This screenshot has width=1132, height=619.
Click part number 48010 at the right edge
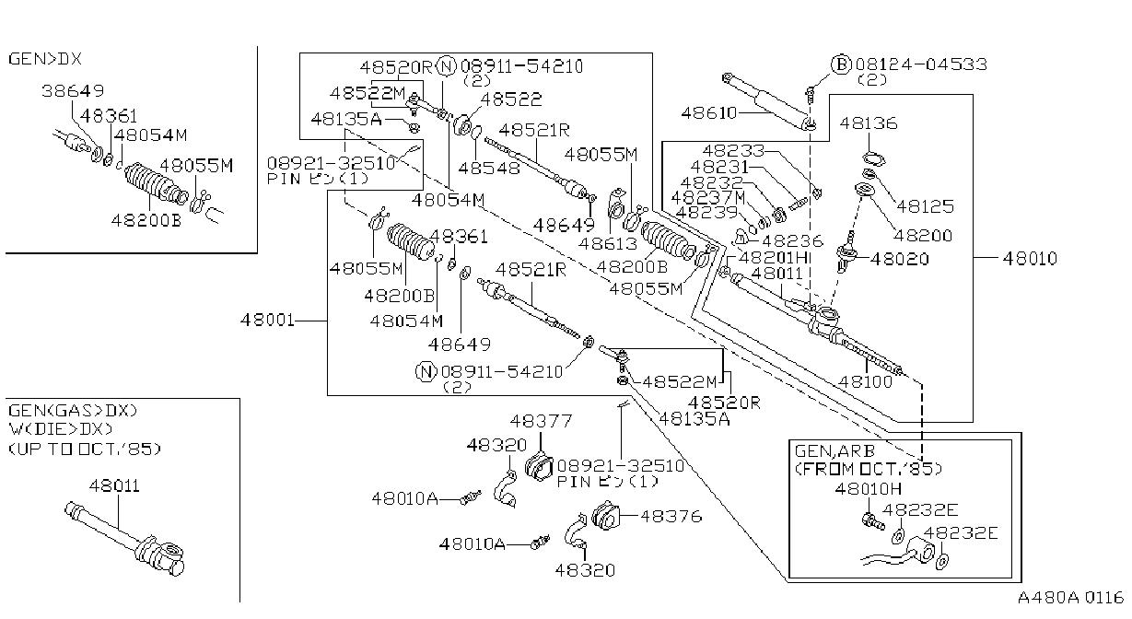(x=1030, y=259)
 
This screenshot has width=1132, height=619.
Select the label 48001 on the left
(x=267, y=320)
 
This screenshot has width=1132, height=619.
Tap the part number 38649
(x=73, y=91)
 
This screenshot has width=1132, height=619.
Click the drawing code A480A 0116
(x=1070, y=598)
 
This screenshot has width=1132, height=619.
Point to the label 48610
(x=709, y=112)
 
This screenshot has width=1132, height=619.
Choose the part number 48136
(x=869, y=123)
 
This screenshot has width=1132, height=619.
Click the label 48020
(x=900, y=259)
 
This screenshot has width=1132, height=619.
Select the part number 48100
(x=866, y=381)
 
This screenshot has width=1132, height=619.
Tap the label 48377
(x=542, y=421)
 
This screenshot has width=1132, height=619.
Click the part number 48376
(x=671, y=517)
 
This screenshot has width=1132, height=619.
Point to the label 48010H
(x=869, y=489)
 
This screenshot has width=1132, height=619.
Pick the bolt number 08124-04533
(x=921, y=64)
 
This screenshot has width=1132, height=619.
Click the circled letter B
(x=842, y=64)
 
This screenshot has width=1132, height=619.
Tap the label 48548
(x=489, y=169)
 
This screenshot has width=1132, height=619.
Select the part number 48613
(x=608, y=244)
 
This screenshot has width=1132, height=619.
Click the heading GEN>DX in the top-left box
(x=45, y=59)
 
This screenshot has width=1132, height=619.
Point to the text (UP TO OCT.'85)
(x=85, y=449)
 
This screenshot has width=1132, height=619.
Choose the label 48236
(x=792, y=241)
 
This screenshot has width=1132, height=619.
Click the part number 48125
(x=926, y=206)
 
